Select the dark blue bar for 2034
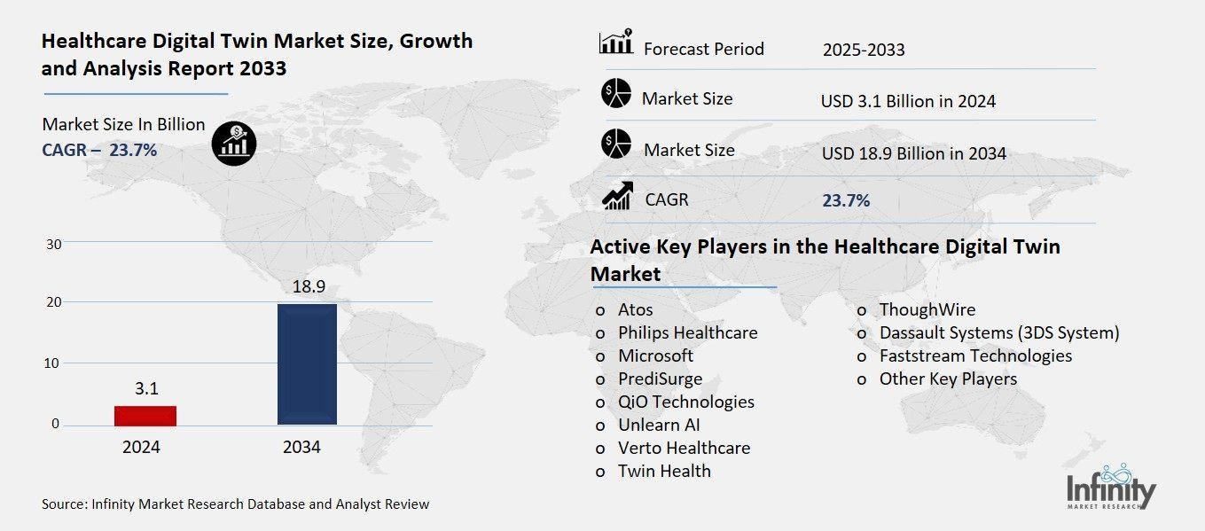coord(307,364)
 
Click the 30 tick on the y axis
coord(53,244)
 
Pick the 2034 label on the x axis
coord(301,448)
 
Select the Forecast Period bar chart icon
coord(615,42)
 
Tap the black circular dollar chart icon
coord(234,143)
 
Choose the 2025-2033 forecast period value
coord(863,50)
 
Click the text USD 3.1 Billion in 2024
coord(908,101)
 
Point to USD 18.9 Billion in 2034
coord(913,153)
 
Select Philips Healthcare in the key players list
coord(687,333)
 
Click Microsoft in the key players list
coord(655,355)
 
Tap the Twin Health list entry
coord(664,471)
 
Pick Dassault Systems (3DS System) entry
coord(998,333)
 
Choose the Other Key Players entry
coord(948,379)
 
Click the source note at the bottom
coord(235,504)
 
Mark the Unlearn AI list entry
coord(659,425)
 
